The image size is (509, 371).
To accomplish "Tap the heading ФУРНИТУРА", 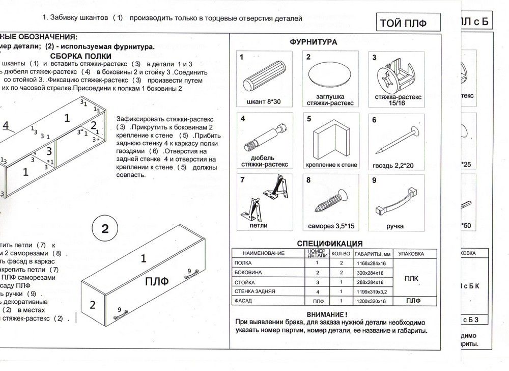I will (313, 42).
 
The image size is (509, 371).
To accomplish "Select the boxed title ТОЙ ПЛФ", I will (402, 23).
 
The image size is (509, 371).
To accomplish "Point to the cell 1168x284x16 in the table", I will (370, 263).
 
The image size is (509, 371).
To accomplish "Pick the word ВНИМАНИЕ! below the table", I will (331, 315).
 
